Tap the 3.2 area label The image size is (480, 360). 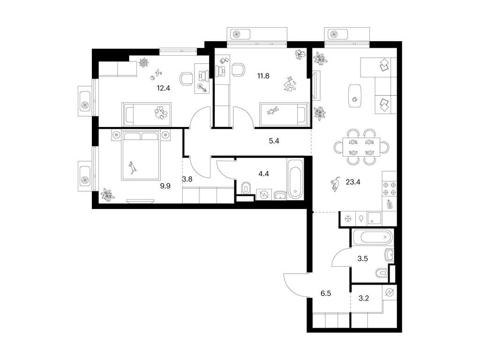point(364,297)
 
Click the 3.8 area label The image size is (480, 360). point(188,179)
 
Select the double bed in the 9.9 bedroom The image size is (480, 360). point(141,155)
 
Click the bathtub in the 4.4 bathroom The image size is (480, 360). point(295,180)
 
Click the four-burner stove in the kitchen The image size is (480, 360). point(390,188)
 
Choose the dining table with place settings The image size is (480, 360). point(361,147)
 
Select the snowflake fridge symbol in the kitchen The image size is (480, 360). point(348,218)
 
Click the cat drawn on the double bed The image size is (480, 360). point(133,166)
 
